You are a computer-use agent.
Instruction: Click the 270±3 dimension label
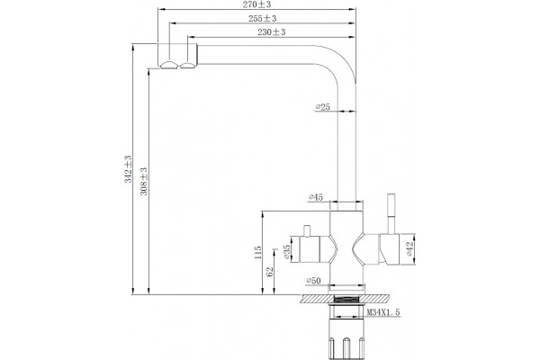256,4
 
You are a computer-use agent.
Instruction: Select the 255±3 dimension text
263,19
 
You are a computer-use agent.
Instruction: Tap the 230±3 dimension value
272,32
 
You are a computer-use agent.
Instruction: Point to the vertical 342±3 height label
128,169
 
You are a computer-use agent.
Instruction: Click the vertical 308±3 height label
144,181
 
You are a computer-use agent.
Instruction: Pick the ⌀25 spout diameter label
323,107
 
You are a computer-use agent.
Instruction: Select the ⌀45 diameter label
316,197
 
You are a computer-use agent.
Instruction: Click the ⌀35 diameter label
286,252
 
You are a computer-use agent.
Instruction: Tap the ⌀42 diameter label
409,248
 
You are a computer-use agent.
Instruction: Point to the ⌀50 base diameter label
313,281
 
